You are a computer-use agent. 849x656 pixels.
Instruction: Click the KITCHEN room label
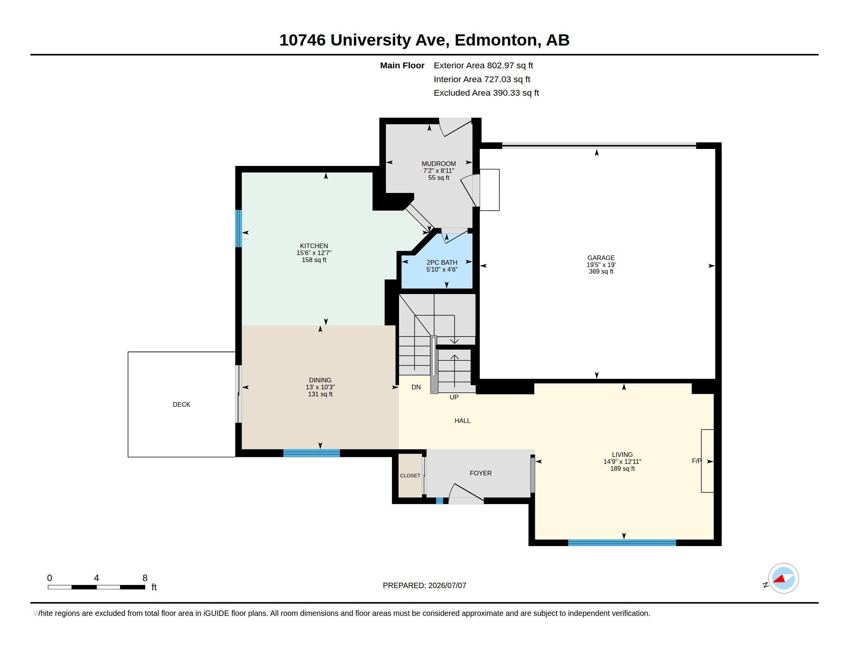tap(314, 245)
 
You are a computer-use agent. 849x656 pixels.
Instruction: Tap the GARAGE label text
tap(600, 258)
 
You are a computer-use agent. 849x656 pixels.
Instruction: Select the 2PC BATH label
tap(441, 262)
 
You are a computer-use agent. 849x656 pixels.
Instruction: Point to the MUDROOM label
tap(438, 164)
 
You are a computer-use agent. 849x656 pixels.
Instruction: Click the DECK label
tap(181, 404)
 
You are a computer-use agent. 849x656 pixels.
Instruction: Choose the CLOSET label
tap(410, 476)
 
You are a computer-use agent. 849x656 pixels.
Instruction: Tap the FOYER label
tap(480, 473)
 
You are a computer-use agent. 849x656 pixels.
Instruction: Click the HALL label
tap(462, 421)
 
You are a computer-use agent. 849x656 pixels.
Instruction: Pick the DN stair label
tap(416, 387)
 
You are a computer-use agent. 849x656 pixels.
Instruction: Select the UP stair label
tap(454, 397)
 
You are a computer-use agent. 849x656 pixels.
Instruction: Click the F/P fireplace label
tap(697, 461)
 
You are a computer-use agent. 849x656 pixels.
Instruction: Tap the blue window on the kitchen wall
tap(238, 228)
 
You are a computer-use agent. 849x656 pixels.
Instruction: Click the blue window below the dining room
tap(311, 453)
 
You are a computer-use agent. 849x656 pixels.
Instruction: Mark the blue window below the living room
tap(622, 543)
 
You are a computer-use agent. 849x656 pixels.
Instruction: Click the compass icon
tap(783, 578)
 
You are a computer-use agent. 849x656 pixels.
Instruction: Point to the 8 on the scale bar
tap(145, 578)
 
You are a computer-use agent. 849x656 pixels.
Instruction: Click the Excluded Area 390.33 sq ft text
tap(486, 93)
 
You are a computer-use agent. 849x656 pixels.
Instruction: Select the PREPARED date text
tap(424, 585)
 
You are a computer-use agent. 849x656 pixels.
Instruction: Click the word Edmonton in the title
tap(496, 41)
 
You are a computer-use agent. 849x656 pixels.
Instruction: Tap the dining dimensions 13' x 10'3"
tap(320, 387)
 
